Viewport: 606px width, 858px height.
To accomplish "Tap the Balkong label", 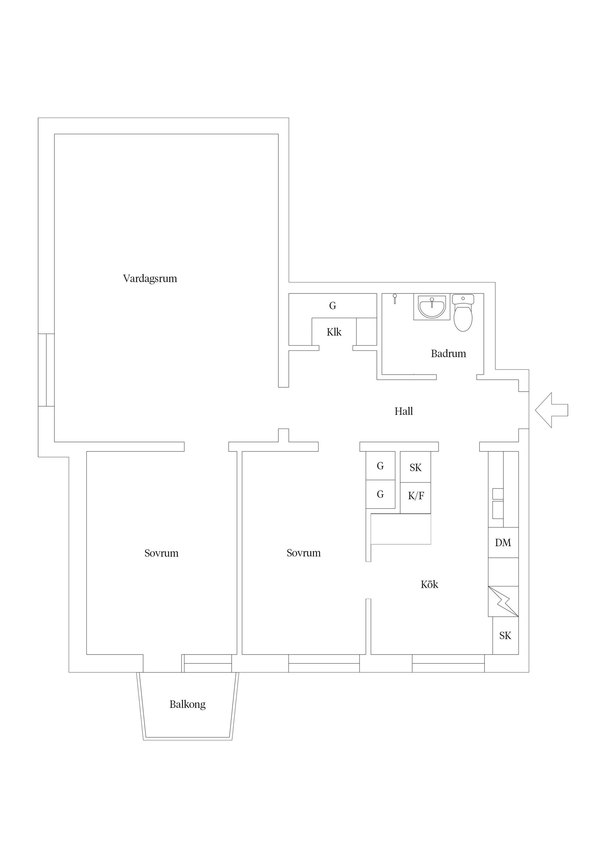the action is click(x=187, y=704).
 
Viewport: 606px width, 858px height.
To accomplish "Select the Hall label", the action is click(x=404, y=411).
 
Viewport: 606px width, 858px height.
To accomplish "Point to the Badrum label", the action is click(x=449, y=353).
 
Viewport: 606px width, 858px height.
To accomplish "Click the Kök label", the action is click(x=429, y=584).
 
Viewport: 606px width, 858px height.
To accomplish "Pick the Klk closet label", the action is click(x=334, y=332).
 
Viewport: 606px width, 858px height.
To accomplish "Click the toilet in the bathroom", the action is click(x=463, y=313).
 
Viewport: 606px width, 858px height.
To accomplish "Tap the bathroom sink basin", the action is click(x=432, y=307).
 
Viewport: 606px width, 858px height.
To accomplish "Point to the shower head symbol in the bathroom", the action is click(x=395, y=299).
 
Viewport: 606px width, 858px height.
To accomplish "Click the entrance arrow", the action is click(x=551, y=410).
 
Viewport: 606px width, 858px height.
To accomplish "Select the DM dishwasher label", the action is click(x=503, y=543).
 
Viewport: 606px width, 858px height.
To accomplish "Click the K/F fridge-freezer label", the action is click(x=416, y=496).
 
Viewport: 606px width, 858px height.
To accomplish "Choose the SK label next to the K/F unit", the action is click(x=416, y=468).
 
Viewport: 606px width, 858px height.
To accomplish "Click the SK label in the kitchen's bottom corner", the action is click(x=505, y=636).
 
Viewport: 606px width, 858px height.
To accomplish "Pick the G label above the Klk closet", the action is click(x=333, y=306).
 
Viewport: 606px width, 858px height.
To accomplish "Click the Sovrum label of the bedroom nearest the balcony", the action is click(x=161, y=553).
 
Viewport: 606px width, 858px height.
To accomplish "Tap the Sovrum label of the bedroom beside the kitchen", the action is click(x=304, y=553).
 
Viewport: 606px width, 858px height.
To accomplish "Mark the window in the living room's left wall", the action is click(x=46, y=370).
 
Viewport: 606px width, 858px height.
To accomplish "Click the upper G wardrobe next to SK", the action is click(x=380, y=466).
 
